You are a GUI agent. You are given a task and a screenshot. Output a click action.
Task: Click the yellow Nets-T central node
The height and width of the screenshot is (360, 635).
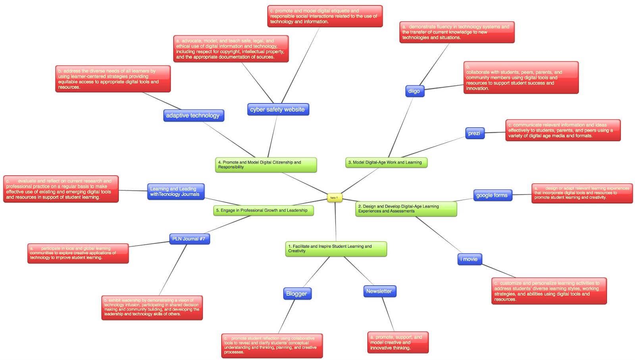pyautogui.click(x=334, y=197)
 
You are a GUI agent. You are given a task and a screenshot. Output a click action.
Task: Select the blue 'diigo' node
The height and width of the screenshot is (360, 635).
pyautogui.click(x=414, y=91)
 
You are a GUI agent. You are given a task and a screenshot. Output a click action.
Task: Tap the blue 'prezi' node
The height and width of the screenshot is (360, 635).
pyautogui.click(x=474, y=133)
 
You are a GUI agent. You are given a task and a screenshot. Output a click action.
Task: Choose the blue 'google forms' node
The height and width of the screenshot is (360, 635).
pyautogui.click(x=492, y=195)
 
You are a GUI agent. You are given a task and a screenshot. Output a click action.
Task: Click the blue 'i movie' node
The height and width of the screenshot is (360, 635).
pyautogui.click(x=470, y=259)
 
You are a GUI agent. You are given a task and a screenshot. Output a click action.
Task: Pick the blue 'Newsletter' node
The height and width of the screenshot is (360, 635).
pyautogui.click(x=379, y=291)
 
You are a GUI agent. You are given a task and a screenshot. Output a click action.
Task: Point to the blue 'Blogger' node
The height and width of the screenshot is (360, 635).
pyautogui.click(x=297, y=293)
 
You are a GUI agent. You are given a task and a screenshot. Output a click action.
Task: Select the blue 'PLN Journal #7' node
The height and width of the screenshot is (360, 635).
pyautogui.click(x=189, y=239)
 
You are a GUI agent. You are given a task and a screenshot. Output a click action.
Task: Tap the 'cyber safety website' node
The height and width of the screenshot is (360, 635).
pyautogui.click(x=277, y=109)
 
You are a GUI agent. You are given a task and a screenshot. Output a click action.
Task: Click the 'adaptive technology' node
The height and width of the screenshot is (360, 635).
pyautogui.click(x=193, y=115)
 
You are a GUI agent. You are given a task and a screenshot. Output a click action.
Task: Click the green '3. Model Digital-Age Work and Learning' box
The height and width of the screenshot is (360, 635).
pyautogui.click(x=386, y=162)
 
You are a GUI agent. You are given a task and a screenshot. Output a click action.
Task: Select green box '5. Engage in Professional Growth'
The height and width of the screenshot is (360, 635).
pyautogui.click(x=263, y=210)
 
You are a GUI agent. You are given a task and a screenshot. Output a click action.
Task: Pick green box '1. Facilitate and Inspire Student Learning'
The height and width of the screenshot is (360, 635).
pyautogui.click(x=335, y=248)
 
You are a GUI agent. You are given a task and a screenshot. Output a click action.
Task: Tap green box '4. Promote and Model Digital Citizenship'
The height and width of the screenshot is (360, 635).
pyautogui.click(x=265, y=165)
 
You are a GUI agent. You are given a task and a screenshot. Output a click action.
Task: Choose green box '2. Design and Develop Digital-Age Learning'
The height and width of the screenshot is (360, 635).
pyautogui.click(x=405, y=209)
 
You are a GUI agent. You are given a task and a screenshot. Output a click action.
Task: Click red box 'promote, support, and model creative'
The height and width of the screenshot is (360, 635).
pyautogui.click(x=397, y=342)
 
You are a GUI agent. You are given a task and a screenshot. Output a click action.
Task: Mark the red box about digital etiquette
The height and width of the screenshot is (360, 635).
pyautogui.click(x=325, y=16)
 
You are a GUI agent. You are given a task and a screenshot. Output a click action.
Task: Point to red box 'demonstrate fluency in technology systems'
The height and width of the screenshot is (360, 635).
pyautogui.click(x=456, y=32)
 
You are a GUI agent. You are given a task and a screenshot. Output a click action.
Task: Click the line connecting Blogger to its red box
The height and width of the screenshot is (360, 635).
pyautogui.click(x=287, y=316)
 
